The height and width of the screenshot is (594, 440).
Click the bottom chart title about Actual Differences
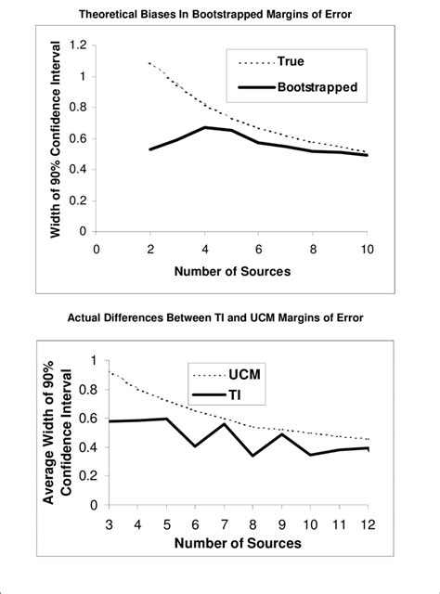(x=220, y=319)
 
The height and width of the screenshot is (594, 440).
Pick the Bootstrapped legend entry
(x=316, y=88)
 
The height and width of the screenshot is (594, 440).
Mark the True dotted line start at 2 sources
(x=149, y=62)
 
